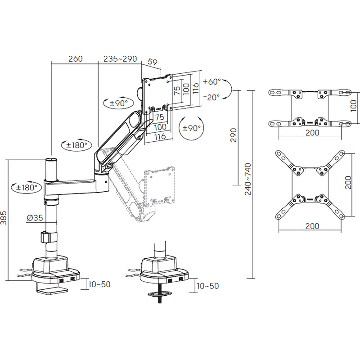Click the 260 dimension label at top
coord(75,59)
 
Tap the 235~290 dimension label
coord(120,59)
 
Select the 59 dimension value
coord(153,62)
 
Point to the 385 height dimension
coord(4,217)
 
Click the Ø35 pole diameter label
coord(35,217)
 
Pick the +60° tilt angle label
coord(211,81)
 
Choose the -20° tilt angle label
coord(211,97)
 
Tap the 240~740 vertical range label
coord(248,179)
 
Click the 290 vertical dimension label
coord(233,135)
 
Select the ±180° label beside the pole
coord(27,187)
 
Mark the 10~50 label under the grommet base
coord(208,286)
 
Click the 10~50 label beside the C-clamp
coord(99,284)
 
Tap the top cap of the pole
coord(51,160)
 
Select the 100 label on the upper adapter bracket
coord(354,106)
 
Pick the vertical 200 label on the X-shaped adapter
coord(348,183)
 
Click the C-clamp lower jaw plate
coord(53,291)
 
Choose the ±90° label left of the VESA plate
coord(119,103)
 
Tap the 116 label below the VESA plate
coord(160,137)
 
